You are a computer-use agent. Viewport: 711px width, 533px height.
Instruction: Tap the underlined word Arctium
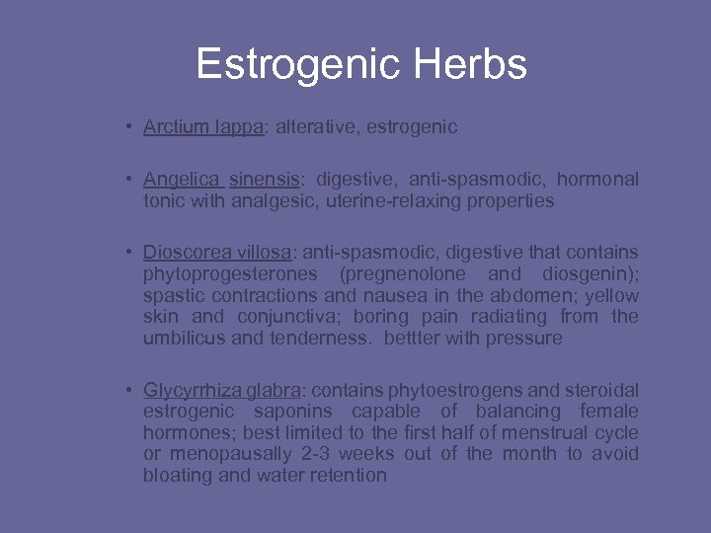[172, 126]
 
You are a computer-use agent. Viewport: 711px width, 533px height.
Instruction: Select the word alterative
[312, 126]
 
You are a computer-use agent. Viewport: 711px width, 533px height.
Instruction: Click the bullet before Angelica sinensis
[129, 180]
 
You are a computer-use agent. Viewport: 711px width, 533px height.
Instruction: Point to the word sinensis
[264, 180]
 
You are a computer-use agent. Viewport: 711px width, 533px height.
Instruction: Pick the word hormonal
[597, 180]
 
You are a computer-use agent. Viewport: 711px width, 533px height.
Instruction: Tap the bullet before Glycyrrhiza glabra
[129, 390]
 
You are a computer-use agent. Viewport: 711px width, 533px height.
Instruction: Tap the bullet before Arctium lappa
[129, 126]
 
